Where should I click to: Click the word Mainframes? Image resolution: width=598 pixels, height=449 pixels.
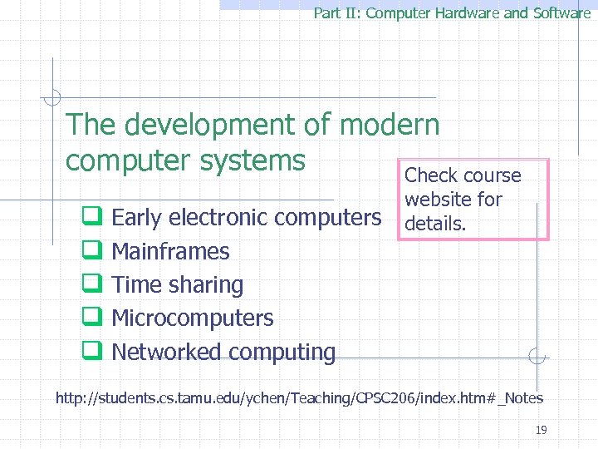170,251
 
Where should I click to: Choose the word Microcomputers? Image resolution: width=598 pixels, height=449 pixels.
193,318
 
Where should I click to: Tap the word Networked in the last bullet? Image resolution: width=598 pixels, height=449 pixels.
166,352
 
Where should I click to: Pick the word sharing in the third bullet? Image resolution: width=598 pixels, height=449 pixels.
208,285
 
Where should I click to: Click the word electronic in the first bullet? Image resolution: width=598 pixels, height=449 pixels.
218,218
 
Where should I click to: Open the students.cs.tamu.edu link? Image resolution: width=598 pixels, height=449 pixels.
299,398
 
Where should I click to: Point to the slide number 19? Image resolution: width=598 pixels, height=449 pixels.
542,430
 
